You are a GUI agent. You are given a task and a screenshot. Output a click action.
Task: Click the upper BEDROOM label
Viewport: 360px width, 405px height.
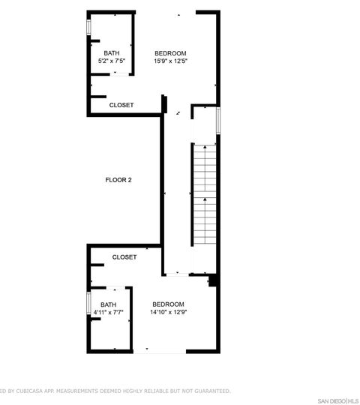click(x=170, y=52)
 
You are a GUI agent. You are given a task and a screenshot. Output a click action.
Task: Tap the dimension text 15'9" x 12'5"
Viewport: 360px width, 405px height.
click(x=170, y=61)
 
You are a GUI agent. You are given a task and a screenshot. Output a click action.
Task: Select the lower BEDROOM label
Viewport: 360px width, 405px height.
click(x=168, y=304)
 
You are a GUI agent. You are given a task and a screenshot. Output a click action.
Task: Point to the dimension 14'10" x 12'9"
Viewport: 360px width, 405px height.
click(x=168, y=312)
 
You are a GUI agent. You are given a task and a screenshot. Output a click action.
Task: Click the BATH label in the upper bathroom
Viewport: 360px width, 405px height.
click(x=111, y=52)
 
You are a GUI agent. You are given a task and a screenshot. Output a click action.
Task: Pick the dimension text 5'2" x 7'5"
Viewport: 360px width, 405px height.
click(x=111, y=61)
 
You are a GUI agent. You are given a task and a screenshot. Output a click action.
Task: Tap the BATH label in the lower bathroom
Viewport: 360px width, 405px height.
click(x=109, y=304)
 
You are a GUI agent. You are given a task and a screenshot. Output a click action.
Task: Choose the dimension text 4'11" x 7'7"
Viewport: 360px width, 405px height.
click(x=109, y=312)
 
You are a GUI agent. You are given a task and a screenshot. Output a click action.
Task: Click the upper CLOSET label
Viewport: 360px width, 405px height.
click(x=121, y=105)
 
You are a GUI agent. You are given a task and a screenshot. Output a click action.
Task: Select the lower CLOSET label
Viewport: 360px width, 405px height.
click(x=124, y=256)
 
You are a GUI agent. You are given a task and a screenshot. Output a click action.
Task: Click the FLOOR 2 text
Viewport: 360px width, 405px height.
click(x=118, y=180)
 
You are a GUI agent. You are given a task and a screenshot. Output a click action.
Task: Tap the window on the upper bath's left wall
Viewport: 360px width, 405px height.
click(x=89, y=27)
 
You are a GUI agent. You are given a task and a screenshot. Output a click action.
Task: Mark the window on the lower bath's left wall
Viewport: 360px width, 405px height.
click(x=89, y=303)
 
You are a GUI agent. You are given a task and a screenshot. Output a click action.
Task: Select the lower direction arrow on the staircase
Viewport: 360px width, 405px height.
click(x=205, y=200)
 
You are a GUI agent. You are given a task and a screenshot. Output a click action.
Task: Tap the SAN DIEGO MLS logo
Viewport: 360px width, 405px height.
click(x=337, y=400)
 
